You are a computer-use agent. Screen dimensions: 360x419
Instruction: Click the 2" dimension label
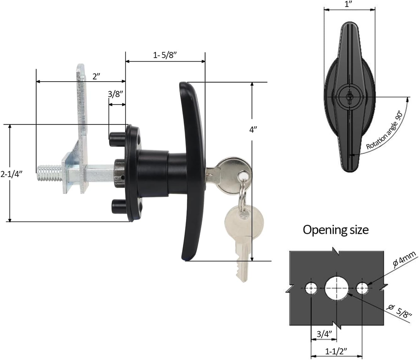pyautogui.click(x=97, y=75)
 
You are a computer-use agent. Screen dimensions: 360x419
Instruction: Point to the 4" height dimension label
pyautogui.click(x=254, y=129)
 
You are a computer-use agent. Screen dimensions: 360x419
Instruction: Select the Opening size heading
pyautogui.click(x=336, y=229)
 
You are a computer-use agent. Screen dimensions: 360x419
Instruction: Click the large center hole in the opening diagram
pyautogui.click(x=337, y=288)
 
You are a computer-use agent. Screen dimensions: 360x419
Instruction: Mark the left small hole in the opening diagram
pyautogui.click(x=312, y=288)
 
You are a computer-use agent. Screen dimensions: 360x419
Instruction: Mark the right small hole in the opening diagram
pyautogui.click(x=362, y=288)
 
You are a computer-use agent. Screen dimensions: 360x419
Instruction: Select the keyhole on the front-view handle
pyautogui.click(x=349, y=97)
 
